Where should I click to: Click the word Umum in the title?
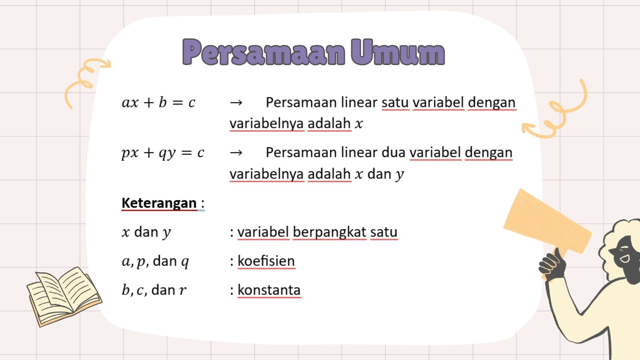pyautogui.click(x=398, y=53)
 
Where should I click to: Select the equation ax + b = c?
pyautogui.click(x=159, y=102)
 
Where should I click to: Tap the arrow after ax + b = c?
pyautogui.click(x=236, y=103)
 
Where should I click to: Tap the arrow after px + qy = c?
pyautogui.click(x=236, y=153)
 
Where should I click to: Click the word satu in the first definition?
pyautogui.click(x=395, y=102)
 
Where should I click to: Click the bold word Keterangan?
pyautogui.click(x=159, y=203)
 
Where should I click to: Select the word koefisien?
pyautogui.click(x=266, y=261)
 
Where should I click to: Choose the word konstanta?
pyautogui.click(x=269, y=290)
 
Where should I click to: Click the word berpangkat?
pyautogui.click(x=329, y=232)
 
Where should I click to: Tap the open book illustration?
pyautogui.click(x=64, y=296)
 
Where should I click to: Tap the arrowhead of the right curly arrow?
pyautogui.click(x=526, y=128)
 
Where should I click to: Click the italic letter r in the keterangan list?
pyautogui.click(x=183, y=290)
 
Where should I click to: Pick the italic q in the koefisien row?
pyautogui.click(x=185, y=262)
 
